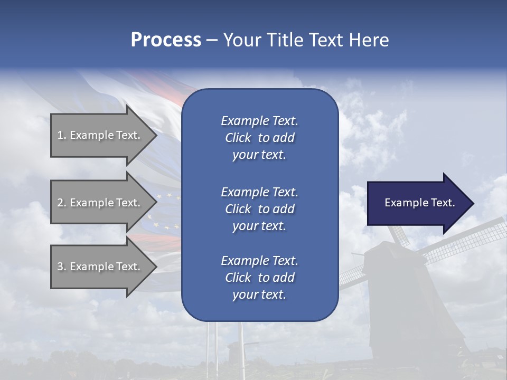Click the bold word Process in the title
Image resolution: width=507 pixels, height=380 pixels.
(x=166, y=40)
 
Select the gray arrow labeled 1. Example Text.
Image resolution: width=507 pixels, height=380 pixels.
(x=100, y=135)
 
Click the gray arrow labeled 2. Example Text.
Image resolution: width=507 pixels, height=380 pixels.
(x=100, y=203)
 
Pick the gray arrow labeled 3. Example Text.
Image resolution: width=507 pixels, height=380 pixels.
(x=100, y=267)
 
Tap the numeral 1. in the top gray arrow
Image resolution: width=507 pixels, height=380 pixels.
(x=61, y=135)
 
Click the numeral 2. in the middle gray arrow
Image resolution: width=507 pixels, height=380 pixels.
(x=61, y=203)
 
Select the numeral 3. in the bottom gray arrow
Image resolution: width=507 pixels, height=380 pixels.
(x=61, y=267)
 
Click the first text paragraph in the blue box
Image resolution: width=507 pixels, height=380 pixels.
(x=259, y=138)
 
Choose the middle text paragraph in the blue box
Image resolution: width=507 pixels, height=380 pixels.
(x=259, y=208)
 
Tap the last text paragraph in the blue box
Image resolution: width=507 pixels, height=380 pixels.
(x=259, y=278)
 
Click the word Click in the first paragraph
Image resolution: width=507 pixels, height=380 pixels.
(x=238, y=138)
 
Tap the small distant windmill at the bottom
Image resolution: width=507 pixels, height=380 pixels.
(x=234, y=350)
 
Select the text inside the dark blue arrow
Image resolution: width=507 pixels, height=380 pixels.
(x=419, y=203)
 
